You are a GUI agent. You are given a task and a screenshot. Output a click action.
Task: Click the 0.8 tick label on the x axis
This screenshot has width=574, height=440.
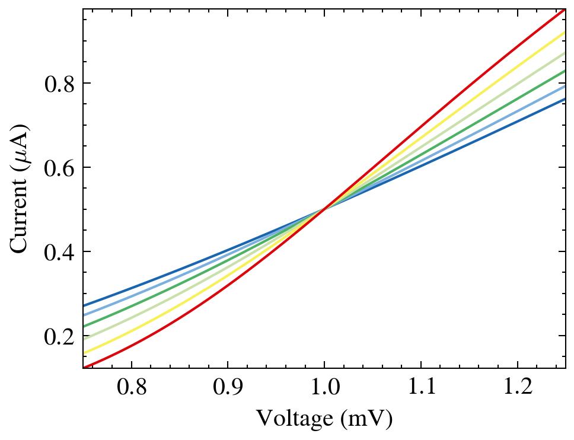131,388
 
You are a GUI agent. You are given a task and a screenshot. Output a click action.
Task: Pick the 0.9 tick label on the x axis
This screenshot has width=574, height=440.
228,388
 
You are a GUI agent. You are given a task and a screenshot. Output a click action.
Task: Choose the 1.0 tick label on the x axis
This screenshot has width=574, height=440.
324,388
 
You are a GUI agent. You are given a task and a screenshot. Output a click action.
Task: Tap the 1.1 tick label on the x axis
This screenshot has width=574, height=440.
421,388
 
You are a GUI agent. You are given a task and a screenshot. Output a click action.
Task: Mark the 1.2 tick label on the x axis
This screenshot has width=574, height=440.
517,388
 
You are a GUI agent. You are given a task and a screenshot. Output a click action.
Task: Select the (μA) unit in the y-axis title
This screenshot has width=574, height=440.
20,145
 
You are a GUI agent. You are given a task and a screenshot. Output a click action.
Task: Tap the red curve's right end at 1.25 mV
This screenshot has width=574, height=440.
565,10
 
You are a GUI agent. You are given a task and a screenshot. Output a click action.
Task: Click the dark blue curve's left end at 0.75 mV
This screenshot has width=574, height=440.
84,305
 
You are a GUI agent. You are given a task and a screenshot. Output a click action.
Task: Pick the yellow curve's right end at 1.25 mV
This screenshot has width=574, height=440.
565,33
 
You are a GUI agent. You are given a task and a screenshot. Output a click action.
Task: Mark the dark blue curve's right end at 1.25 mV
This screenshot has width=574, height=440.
565,98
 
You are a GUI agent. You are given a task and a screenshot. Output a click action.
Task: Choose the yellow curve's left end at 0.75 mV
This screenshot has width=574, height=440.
84,353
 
